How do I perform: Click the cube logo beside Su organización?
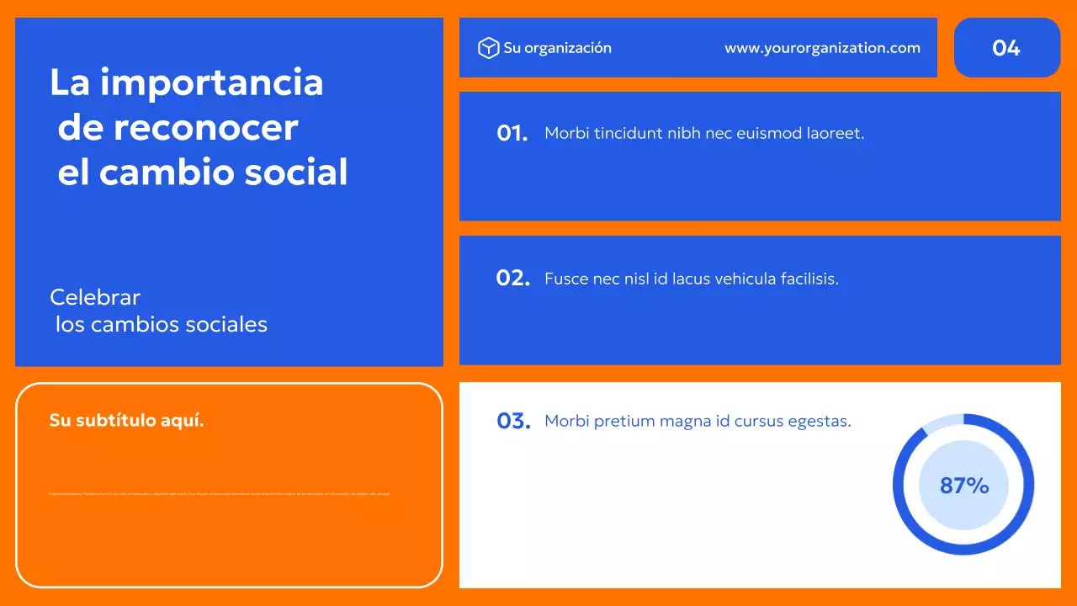pyautogui.click(x=488, y=48)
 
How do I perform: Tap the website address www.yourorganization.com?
pyautogui.click(x=822, y=48)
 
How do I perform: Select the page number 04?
pyautogui.click(x=1006, y=48)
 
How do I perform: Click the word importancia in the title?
pyautogui.click(x=211, y=82)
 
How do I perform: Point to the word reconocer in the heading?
pyautogui.click(x=205, y=128)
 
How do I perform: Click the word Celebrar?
pyautogui.click(x=95, y=297)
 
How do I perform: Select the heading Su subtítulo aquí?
pyautogui.click(x=126, y=420)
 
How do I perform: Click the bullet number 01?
pyautogui.click(x=512, y=133)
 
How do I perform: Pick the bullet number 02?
pyautogui.click(x=512, y=278)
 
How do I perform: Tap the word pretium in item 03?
pyautogui.click(x=625, y=422)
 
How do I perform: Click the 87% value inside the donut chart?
pyautogui.click(x=963, y=485)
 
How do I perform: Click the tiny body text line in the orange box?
pyautogui.click(x=220, y=494)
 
